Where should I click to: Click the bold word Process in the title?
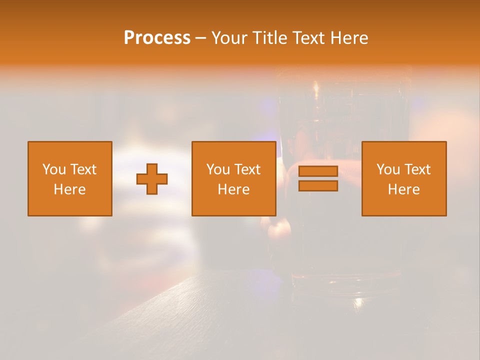tap(157, 38)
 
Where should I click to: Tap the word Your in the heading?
tap(229, 38)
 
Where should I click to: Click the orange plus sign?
tap(152, 179)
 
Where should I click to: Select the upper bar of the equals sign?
tap(318, 171)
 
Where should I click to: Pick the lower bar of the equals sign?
tap(318, 186)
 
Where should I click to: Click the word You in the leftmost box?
tap(54, 169)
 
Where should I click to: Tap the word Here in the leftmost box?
tap(69, 189)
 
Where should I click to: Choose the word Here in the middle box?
tap(233, 189)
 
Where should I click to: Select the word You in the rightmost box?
tap(388, 169)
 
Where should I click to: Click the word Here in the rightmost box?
tap(403, 189)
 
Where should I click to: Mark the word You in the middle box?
tap(218, 169)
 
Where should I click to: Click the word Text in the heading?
tap(307, 38)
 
